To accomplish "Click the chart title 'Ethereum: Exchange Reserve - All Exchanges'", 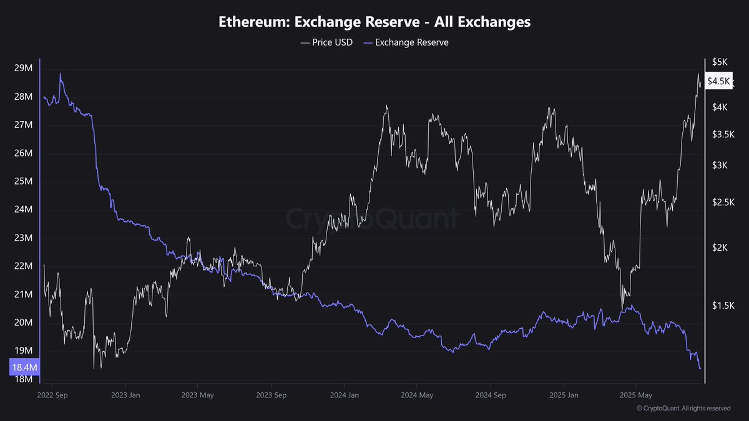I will (x=374, y=22).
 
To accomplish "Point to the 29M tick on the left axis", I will (x=23, y=68).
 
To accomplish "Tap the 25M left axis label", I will (x=23, y=181).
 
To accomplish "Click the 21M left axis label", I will (x=23, y=294).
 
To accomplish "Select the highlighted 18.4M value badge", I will (x=24, y=368).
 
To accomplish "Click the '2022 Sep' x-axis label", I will (x=53, y=395).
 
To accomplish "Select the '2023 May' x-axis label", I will (x=198, y=395).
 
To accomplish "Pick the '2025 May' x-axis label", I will (x=635, y=395).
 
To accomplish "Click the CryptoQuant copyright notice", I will (x=683, y=409).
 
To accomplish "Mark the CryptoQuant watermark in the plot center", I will (x=372, y=219).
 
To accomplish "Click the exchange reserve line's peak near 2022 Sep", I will (x=61, y=74).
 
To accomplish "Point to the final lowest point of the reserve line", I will (x=700, y=368).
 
